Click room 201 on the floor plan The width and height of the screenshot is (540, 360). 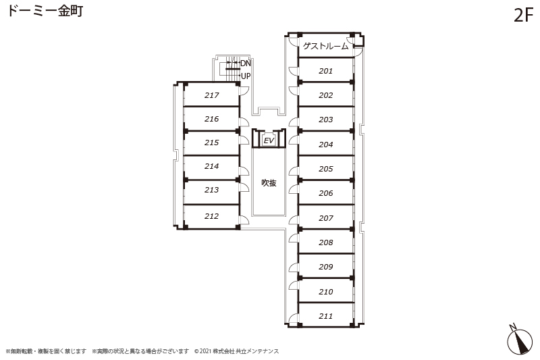click(325, 71)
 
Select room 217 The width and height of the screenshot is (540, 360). click(211, 95)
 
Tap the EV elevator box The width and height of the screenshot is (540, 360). click(269, 140)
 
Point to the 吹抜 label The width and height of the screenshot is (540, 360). click(269, 182)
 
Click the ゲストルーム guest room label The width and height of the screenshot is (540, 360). click(326, 46)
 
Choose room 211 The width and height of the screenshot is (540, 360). click(325, 316)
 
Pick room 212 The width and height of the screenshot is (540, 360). click(211, 216)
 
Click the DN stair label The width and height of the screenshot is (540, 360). click(246, 63)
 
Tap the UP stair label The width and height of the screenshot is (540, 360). click(246, 76)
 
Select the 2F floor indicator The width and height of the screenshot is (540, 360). click(523, 16)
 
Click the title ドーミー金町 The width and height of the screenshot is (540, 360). click(45, 11)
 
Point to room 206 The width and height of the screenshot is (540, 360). click(325, 193)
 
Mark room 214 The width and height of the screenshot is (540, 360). click(211, 166)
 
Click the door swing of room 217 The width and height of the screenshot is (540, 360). click(244, 90)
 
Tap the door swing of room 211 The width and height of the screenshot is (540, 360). click(294, 318)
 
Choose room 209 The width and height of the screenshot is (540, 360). click(325, 267)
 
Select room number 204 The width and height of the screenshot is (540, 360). click(325, 145)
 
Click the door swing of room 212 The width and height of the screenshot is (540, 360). click(244, 220)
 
